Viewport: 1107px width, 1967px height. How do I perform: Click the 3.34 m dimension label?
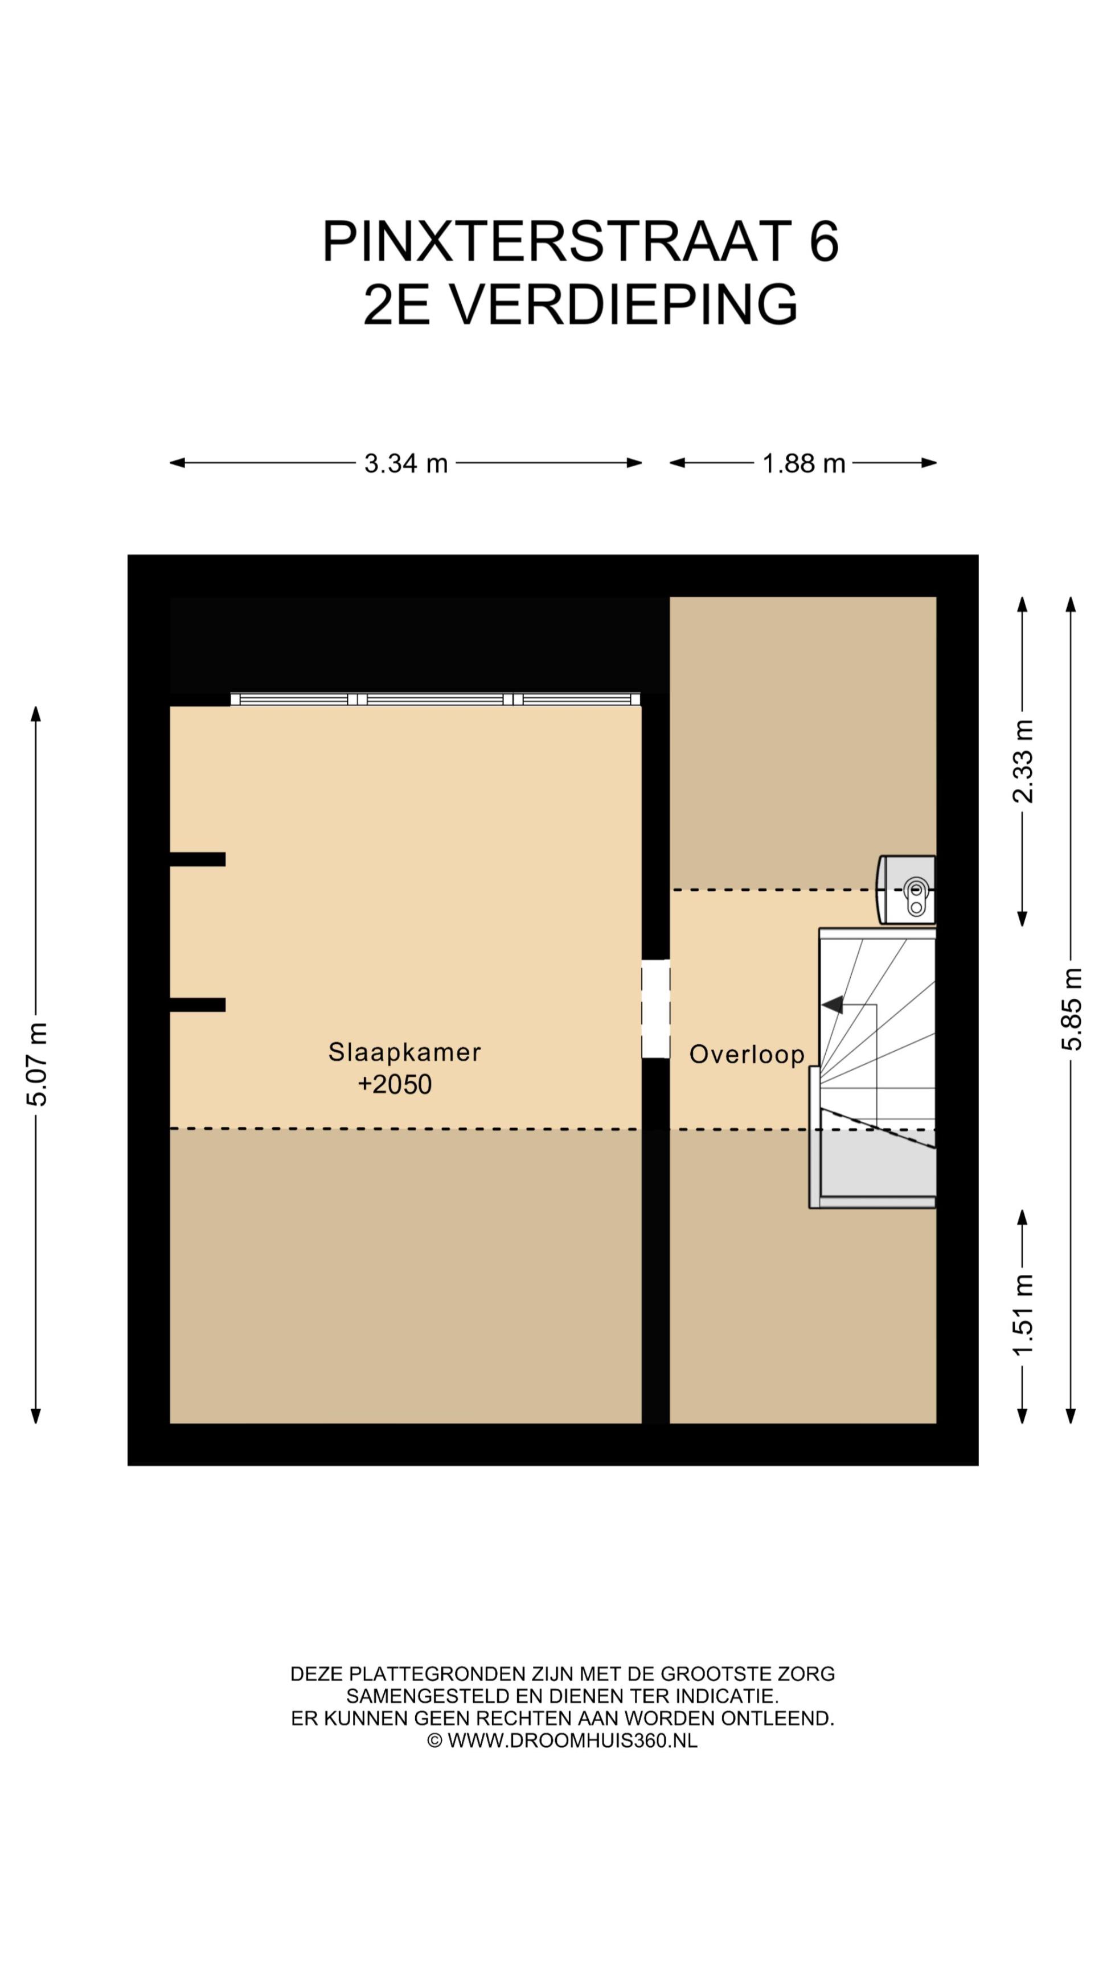[405, 463]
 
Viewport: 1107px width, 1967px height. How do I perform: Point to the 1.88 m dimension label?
[803, 463]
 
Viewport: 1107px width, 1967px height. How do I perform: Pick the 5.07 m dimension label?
[36, 1064]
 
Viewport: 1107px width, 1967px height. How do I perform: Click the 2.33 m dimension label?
[1022, 762]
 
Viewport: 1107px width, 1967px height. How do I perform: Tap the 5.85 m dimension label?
[1071, 1009]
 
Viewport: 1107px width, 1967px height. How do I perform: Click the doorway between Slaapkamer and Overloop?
[655, 1009]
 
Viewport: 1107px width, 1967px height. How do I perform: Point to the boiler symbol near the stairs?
[906, 890]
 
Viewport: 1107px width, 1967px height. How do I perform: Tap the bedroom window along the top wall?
[436, 699]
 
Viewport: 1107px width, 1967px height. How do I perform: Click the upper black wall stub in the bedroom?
[197, 859]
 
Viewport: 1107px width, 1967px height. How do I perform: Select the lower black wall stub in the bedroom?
[197, 1005]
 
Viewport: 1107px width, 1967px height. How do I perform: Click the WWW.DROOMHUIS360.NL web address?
[572, 1740]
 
